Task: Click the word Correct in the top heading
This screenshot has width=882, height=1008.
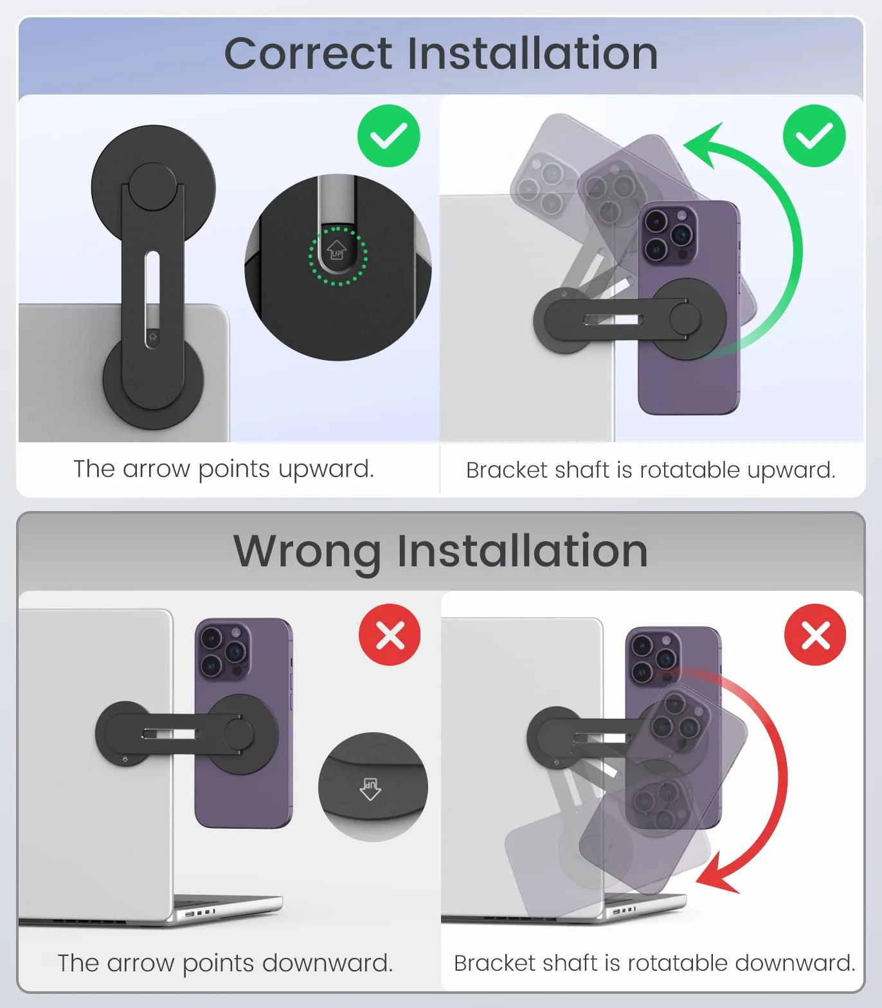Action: click(x=308, y=53)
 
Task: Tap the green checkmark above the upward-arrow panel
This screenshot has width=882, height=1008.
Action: click(x=389, y=136)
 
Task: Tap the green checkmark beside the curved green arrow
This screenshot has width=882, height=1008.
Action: click(x=815, y=136)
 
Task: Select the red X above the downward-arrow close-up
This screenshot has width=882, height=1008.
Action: click(x=390, y=634)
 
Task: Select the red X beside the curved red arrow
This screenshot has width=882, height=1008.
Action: click(x=815, y=634)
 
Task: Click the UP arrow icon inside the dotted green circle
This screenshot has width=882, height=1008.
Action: click(x=337, y=250)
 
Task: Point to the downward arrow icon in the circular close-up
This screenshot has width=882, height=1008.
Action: click(x=370, y=788)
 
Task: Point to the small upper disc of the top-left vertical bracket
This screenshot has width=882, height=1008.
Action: click(x=152, y=187)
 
